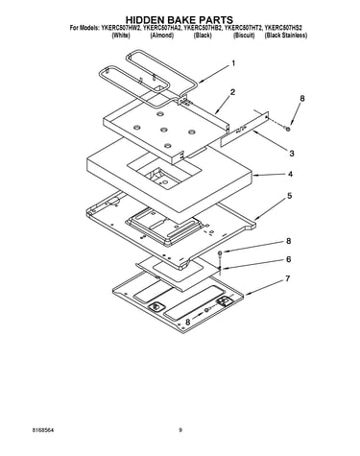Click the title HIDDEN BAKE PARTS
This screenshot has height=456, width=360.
tap(180, 20)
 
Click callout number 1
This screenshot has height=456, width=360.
tap(233, 63)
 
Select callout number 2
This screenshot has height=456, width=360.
tap(232, 92)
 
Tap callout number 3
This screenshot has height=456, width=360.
tap(292, 154)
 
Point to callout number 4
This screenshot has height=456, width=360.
tap(290, 175)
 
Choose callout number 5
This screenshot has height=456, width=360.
tap(289, 196)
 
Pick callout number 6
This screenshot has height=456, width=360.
tap(288, 259)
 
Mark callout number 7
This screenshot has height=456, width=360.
tap(288, 279)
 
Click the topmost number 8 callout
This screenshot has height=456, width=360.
tap(302, 99)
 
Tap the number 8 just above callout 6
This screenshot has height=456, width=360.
tap(289, 241)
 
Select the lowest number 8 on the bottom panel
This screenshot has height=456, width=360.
tap(188, 323)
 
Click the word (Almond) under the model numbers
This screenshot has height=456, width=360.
tap(162, 36)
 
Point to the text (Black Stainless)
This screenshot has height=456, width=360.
tap(286, 36)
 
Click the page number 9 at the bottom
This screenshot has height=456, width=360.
tap(180, 430)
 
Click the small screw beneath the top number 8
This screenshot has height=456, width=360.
tap(288, 129)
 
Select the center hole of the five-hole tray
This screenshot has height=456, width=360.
tap(164, 130)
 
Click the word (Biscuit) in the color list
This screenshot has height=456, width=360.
tap(244, 36)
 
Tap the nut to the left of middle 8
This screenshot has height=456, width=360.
tap(221, 253)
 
